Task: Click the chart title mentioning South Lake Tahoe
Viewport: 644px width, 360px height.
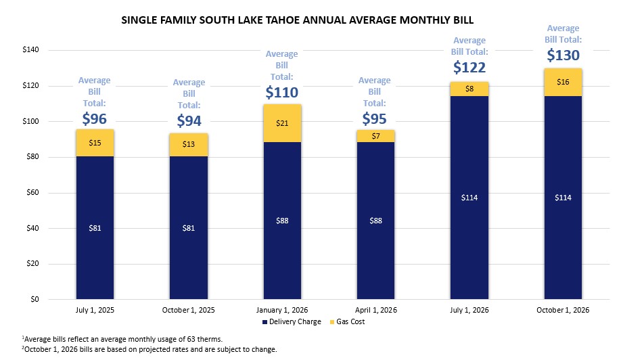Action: pos(298,20)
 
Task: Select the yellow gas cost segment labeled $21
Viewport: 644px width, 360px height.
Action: pos(282,123)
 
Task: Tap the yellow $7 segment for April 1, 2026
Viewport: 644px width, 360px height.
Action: pos(375,136)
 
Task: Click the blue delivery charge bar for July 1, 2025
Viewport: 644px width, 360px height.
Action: pos(95,227)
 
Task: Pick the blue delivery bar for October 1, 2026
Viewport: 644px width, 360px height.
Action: pos(563,198)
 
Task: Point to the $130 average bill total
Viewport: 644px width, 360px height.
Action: pos(563,55)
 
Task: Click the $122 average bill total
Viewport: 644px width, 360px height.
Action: pos(469,67)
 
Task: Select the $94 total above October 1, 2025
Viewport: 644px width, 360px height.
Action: pos(189,120)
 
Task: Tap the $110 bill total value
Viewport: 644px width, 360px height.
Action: pos(281,92)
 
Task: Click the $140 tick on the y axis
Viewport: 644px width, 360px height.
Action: pos(31,49)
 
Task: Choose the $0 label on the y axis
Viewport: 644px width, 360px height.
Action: pos(35,299)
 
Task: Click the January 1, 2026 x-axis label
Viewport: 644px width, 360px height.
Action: pos(282,310)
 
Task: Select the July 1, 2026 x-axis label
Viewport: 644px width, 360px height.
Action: pos(469,310)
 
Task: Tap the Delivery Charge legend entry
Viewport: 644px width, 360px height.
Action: pos(292,322)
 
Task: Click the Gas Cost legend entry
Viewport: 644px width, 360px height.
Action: pos(347,322)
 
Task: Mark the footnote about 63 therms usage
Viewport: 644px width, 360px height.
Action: pos(122,339)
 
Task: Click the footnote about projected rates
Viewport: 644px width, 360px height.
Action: pos(149,349)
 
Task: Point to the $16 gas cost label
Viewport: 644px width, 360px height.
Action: pos(563,82)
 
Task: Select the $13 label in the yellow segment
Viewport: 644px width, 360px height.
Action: pos(189,144)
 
